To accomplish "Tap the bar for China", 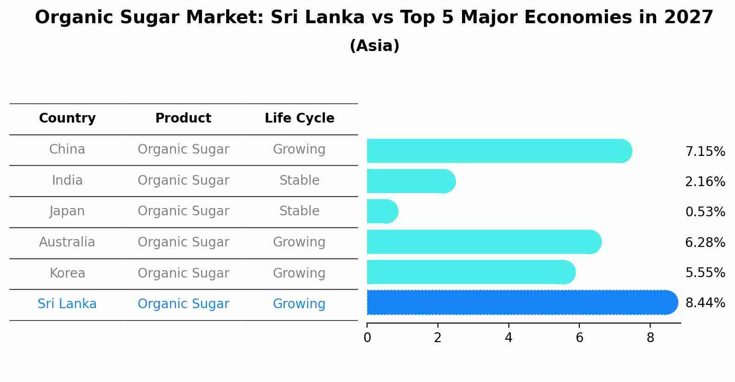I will tap(499, 151).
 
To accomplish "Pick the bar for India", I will tap(411, 181).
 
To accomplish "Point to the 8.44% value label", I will tap(705, 303).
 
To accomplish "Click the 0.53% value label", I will tap(705, 212).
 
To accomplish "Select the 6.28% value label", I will tap(705, 242).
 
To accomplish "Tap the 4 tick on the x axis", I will tap(508, 338).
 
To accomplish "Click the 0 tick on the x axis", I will tap(367, 338).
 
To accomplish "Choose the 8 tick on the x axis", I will tap(650, 338).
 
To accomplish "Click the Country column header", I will tap(67, 118).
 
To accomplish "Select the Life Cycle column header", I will tap(299, 118).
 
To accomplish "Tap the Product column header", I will tap(183, 118).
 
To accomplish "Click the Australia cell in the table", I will tap(67, 242).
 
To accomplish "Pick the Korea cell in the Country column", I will tap(67, 273).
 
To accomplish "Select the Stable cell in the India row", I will tap(299, 181).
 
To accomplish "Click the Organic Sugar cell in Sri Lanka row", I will tap(183, 304).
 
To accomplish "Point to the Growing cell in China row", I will tap(299, 149).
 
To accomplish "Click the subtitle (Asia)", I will tap(374, 46).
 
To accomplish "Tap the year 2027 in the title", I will tap(688, 18).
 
